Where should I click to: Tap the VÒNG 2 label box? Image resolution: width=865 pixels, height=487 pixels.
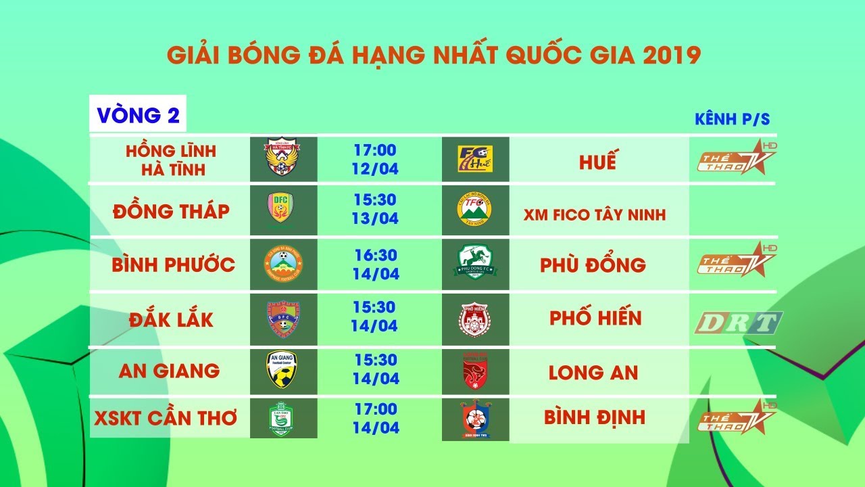point(138,115)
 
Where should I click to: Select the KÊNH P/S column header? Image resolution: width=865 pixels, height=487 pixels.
point(733,120)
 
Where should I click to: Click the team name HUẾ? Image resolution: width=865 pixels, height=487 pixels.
point(597,162)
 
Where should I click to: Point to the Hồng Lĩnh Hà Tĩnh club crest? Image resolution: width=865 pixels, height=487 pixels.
point(283,158)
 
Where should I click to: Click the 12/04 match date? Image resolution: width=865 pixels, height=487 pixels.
point(374,168)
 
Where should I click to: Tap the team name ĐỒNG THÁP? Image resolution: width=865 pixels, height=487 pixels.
point(171,211)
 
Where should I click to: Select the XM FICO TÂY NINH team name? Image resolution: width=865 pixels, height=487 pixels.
point(595,215)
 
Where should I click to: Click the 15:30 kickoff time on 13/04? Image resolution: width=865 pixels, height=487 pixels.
point(374,201)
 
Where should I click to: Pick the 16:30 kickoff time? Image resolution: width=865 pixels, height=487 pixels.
point(374,256)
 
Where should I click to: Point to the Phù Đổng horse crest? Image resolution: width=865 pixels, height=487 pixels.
point(475,264)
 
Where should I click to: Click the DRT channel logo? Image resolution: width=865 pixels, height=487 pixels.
point(739,323)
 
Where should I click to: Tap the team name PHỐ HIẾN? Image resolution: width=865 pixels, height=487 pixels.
point(595,318)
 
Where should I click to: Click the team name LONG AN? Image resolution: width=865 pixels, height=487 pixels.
point(593,372)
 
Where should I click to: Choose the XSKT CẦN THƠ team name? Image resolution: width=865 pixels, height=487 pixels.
point(166,418)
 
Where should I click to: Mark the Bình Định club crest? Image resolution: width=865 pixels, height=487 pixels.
point(476,419)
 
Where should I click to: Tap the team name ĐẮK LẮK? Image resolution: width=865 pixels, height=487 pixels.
point(171,319)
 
